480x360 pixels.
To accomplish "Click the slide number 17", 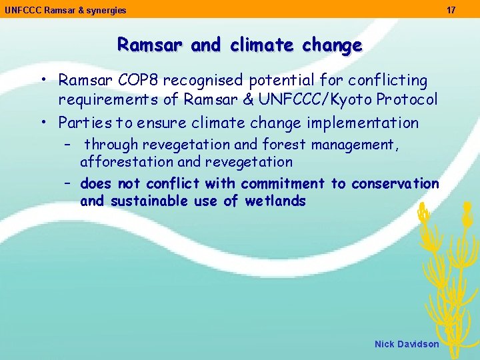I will coord(451,10).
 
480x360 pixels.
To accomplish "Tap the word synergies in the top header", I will coord(106,11).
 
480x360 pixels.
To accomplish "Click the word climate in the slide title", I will coord(261,45).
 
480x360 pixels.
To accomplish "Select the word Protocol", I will coord(407,100).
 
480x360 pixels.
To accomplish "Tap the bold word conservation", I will coord(395,183).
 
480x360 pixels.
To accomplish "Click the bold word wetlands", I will coord(275,201).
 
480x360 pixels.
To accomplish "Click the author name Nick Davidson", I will coord(407,344).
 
